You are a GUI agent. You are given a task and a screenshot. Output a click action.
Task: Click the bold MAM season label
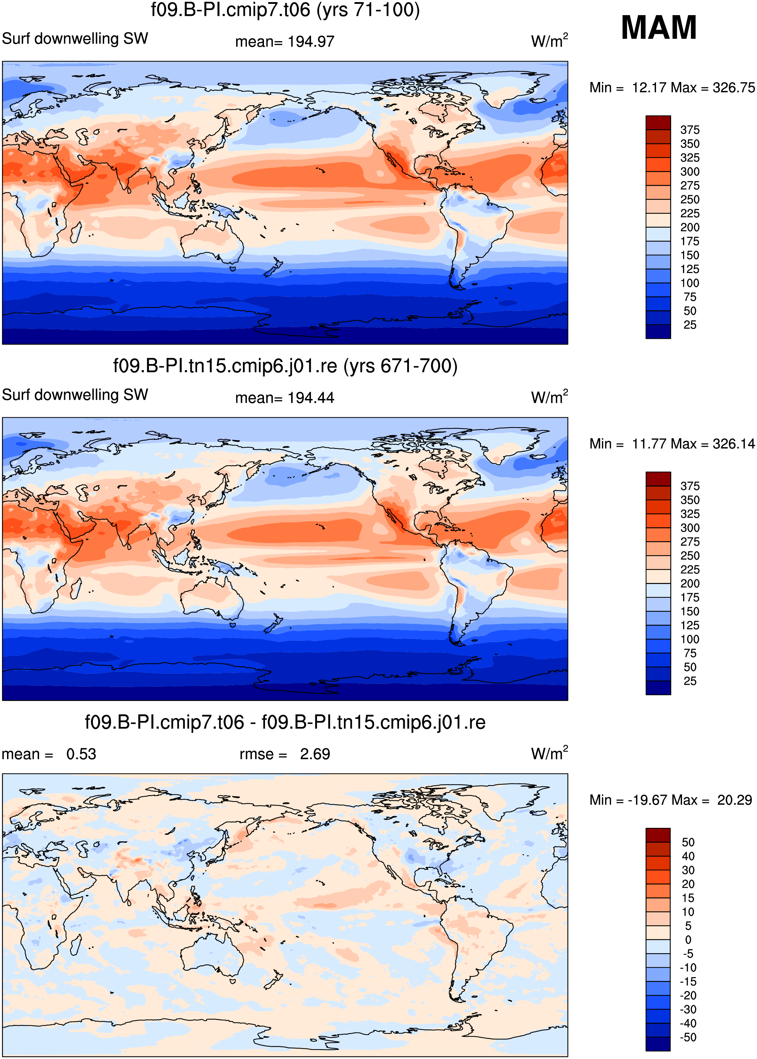659,27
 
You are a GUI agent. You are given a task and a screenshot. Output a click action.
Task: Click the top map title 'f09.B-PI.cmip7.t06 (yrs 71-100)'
285,10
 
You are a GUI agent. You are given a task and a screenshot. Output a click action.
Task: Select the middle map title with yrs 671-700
285,366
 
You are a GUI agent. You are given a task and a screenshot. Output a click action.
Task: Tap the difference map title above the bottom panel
285,723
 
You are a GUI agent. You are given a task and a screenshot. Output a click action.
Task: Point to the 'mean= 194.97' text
285,42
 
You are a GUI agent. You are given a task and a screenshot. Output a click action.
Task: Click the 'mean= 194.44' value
285,398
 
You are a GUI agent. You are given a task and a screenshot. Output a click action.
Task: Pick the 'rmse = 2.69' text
285,754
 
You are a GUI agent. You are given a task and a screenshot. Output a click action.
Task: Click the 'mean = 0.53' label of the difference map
49,754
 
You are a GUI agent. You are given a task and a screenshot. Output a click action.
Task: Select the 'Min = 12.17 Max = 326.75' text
672,88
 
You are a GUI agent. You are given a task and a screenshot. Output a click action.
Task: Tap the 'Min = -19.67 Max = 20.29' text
671,800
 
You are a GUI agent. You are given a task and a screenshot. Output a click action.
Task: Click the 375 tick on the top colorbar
690,130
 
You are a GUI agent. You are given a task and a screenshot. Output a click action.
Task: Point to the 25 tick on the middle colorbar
690,681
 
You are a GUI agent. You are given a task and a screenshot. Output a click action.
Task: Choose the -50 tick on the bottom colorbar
688,1037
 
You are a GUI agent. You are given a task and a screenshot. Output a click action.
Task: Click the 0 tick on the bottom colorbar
688,940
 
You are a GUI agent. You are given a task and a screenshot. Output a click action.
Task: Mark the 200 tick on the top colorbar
690,227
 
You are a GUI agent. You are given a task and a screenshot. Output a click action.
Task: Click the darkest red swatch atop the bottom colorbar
658,835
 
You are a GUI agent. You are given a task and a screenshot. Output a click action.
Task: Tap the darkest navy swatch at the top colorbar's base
658,331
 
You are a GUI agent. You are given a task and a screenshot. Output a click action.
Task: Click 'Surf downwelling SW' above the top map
75,39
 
